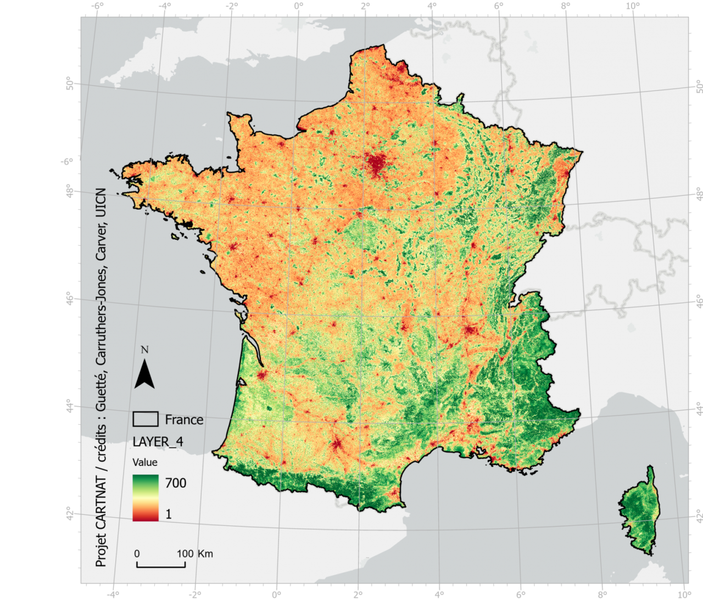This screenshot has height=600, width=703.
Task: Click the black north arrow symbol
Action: (144, 374)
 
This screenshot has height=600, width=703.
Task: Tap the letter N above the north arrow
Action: (144, 350)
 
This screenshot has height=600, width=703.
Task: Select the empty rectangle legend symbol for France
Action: (146, 419)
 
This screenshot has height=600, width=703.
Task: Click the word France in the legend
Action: (184, 420)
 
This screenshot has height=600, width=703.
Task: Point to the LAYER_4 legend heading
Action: (158, 442)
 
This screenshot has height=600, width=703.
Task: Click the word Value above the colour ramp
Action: (145, 462)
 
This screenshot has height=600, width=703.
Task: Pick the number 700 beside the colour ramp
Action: (176, 483)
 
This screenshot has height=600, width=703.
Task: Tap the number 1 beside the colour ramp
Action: (169, 514)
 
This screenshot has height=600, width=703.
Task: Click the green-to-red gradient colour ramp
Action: (146, 498)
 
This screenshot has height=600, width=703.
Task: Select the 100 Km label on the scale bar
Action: (194, 553)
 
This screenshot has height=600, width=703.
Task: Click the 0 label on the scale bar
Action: (137, 553)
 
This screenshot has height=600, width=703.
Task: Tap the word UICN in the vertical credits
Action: (101, 203)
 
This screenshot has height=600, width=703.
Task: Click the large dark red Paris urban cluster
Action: (377, 164)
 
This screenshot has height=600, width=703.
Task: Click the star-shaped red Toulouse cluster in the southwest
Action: (337, 442)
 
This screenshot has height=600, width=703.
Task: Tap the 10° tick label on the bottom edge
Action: (684, 595)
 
